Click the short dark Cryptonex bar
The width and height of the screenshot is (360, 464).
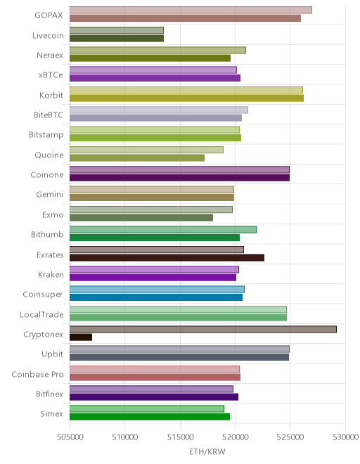(81, 337)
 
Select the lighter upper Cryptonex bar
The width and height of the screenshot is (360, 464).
(203, 329)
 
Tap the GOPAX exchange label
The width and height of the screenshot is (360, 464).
(49, 15)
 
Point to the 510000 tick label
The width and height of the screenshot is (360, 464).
(125, 437)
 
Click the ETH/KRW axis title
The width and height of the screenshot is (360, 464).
(207, 451)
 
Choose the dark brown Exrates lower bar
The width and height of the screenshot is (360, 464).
(167, 257)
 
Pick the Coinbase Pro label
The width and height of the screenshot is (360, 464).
(37, 374)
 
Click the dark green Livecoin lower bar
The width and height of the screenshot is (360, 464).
(117, 38)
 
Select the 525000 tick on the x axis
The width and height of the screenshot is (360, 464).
(290, 437)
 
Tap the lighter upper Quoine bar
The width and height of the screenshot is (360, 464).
(146, 150)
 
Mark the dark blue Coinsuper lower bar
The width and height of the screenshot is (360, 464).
(156, 297)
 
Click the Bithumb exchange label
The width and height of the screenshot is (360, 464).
(47, 234)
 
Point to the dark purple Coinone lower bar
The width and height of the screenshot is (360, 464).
(180, 178)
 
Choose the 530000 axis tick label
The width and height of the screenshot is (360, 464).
(345, 437)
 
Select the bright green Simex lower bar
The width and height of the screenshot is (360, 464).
(150, 417)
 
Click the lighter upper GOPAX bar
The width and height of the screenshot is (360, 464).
(191, 10)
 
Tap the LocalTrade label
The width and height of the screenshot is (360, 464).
(41, 314)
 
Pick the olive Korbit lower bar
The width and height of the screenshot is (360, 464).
(187, 98)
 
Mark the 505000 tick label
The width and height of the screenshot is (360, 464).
(70, 437)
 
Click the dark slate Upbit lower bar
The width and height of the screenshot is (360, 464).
(179, 357)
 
